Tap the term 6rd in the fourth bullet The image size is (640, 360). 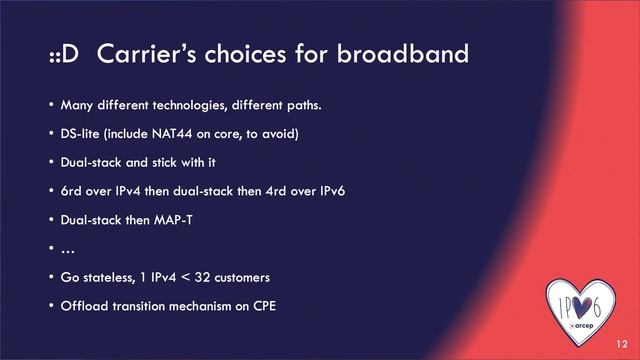coord(71,190)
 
